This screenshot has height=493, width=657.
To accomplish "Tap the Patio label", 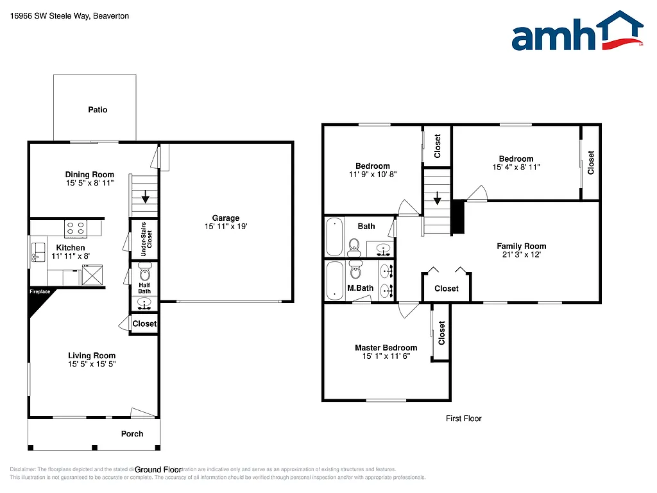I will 98,110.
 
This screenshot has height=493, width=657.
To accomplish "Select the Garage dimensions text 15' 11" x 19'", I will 226,227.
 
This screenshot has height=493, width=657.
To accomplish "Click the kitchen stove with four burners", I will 76,227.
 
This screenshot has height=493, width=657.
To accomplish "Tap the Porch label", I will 132,434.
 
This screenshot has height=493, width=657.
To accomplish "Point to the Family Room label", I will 521,246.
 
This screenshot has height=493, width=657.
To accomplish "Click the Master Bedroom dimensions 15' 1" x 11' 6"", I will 386,356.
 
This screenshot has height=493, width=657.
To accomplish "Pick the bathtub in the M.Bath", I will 336,281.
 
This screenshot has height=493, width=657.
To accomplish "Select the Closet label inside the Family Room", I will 446,289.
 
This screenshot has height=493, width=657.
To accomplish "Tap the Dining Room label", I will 90,175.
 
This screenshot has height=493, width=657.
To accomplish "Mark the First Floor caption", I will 463,419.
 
